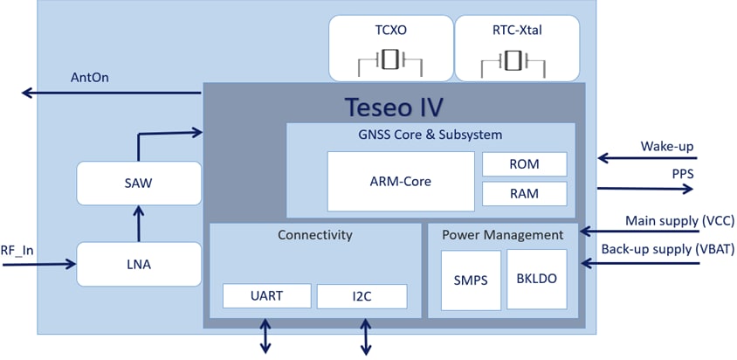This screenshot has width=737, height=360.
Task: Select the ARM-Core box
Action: [401, 182]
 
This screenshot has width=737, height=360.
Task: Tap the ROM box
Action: [525, 164]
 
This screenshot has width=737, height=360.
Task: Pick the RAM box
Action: [525, 193]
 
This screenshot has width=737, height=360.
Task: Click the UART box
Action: [266, 296]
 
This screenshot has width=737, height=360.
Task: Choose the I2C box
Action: [362, 296]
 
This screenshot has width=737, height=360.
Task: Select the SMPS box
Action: [471, 280]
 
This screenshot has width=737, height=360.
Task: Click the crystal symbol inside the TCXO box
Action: [390, 60]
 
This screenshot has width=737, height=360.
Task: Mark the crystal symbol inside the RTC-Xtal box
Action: [517, 60]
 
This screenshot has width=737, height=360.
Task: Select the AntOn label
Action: [90, 77]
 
